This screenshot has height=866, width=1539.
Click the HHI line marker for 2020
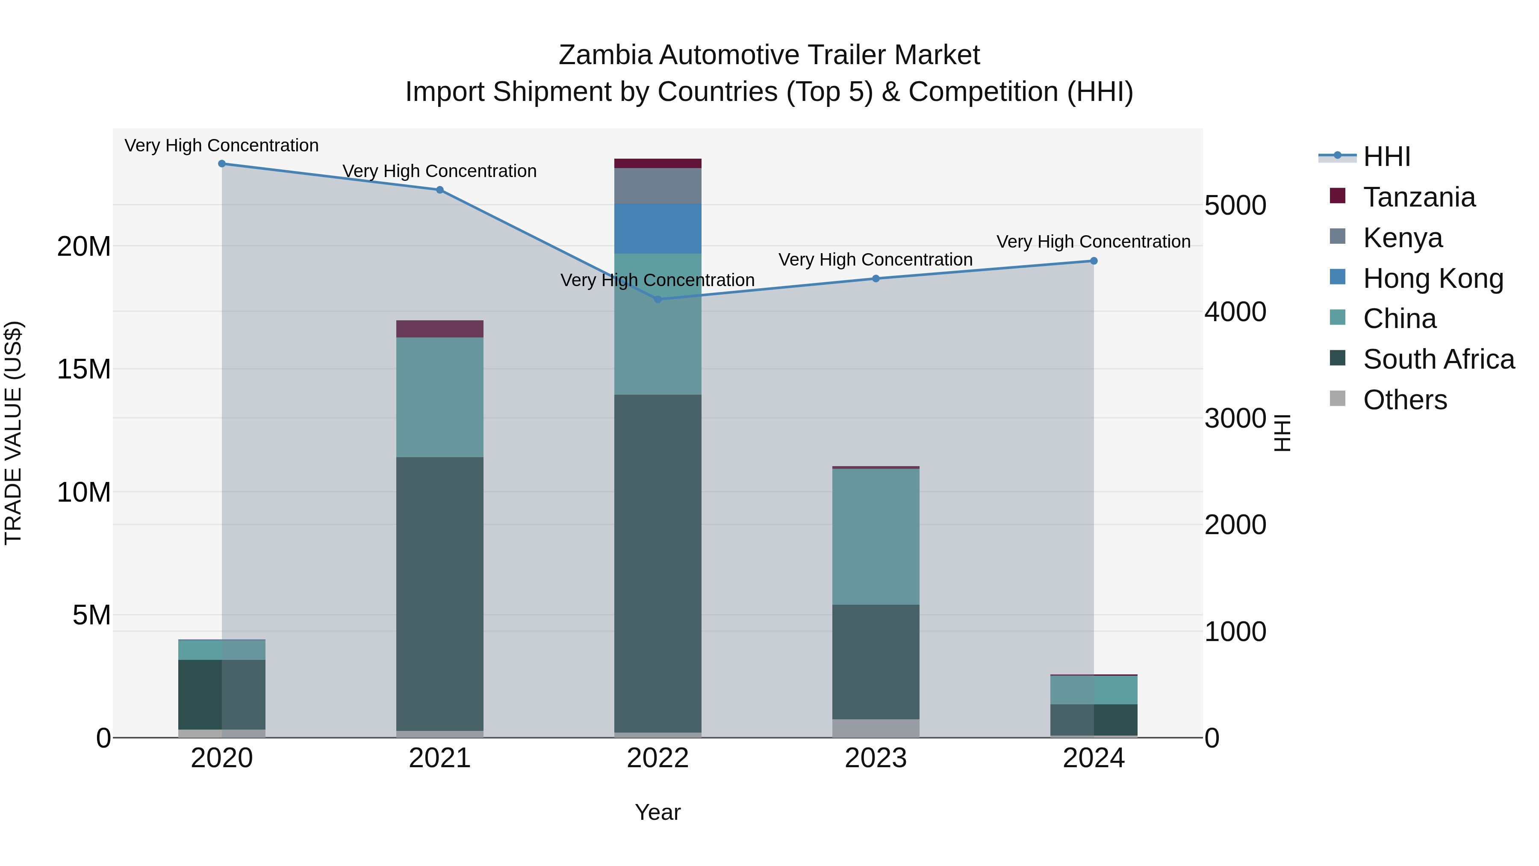(x=221, y=164)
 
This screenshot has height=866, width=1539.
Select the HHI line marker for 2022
(x=658, y=299)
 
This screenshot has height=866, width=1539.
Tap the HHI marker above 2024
(x=1094, y=261)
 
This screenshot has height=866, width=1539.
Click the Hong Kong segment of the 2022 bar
(x=658, y=229)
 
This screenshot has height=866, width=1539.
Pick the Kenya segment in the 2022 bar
(x=658, y=186)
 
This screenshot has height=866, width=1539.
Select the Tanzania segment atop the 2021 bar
(x=440, y=329)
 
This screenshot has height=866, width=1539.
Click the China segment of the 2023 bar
(x=876, y=536)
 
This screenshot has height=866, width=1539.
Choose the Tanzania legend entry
(x=1419, y=197)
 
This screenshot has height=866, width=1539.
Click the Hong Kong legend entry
(x=1433, y=278)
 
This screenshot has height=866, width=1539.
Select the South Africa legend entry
(x=1439, y=359)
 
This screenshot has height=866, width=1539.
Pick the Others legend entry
(x=1405, y=400)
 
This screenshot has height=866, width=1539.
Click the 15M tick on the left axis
(x=84, y=369)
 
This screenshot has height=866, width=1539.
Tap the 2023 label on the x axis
(x=876, y=758)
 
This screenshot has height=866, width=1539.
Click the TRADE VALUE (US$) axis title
(x=13, y=433)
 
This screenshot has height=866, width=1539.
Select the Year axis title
(x=658, y=812)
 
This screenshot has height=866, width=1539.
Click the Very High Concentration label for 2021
(x=440, y=171)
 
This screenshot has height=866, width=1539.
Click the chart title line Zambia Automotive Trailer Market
(x=769, y=55)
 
